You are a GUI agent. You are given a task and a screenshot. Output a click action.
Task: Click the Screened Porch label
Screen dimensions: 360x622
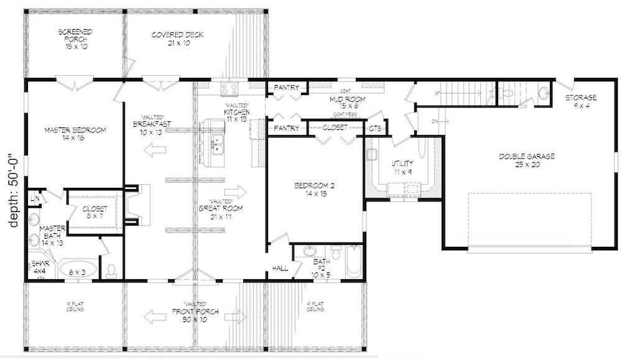[x=75, y=39]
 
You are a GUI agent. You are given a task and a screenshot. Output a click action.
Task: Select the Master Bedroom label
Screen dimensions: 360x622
[x=75, y=134]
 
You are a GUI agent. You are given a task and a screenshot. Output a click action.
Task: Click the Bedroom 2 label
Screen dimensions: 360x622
[x=315, y=190]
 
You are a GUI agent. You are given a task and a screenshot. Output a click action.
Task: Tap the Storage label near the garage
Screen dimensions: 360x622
[x=580, y=101]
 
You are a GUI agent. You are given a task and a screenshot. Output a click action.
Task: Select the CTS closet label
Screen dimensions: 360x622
[x=375, y=129]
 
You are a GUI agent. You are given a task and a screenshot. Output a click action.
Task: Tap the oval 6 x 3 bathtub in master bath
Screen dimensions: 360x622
[x=78, y=270]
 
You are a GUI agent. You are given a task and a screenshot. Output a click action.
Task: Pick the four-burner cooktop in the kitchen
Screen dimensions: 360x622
[x=230, y=88]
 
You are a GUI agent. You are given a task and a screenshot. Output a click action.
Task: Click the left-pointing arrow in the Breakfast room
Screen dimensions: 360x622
[x=150, y=150]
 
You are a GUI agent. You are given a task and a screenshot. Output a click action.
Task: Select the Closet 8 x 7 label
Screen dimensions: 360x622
[x=96, y=213]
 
